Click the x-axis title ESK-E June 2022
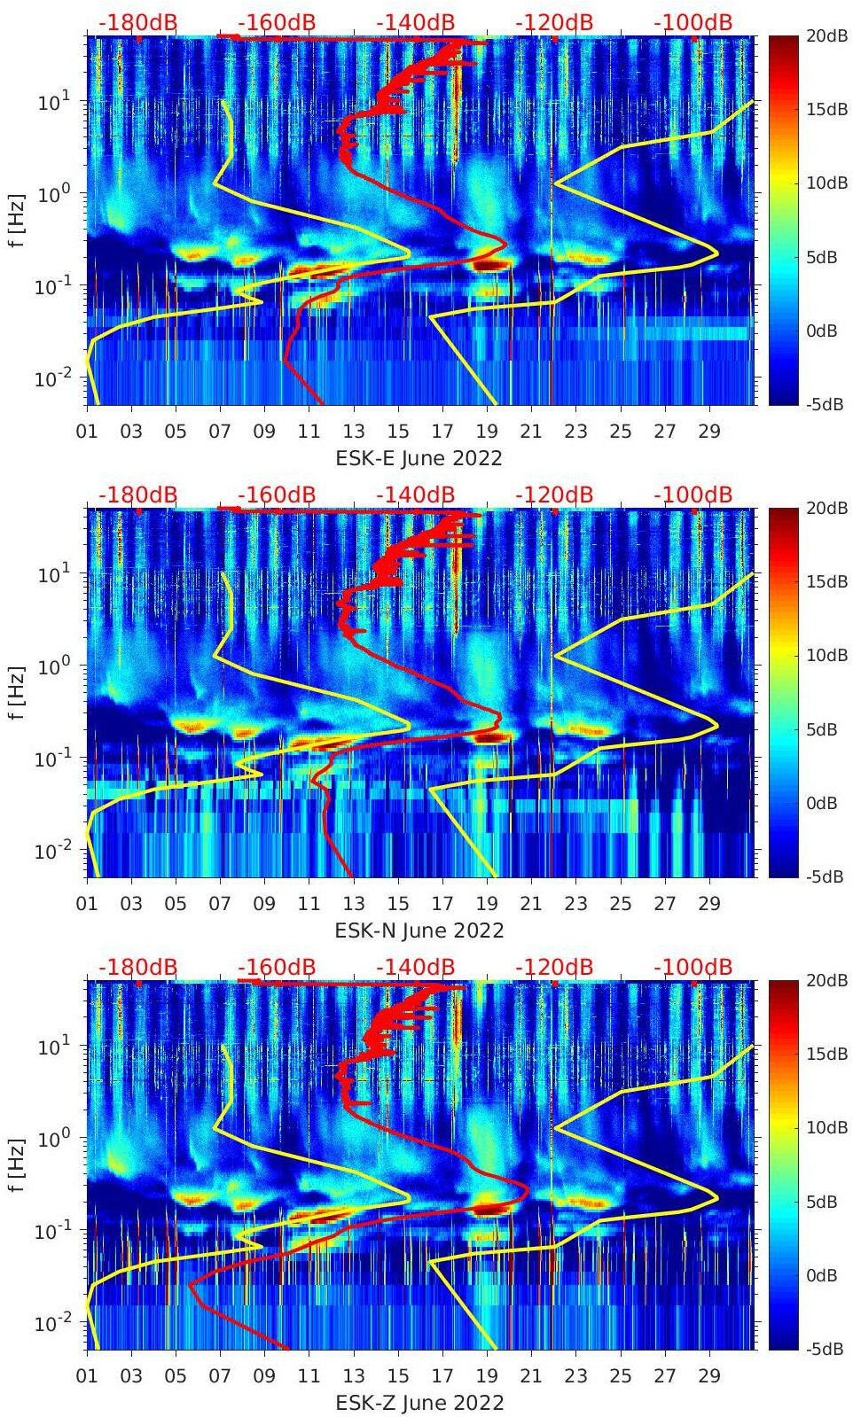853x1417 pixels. pos(419,458)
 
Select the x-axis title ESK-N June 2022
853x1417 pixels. pos(419,930)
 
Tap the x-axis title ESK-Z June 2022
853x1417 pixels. pos(419,1403)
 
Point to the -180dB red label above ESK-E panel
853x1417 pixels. pos(137,22)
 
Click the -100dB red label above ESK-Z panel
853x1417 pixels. pos(693,967)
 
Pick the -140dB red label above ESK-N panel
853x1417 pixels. pos(415,494)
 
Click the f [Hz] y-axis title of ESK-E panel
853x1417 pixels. pos(16,220)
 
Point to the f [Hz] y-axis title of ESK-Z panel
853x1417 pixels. pos(16,1164)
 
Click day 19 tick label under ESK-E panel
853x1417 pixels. pos(487,432)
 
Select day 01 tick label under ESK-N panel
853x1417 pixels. pos(87,904)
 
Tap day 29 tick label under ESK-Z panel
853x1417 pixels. pos(709,1376)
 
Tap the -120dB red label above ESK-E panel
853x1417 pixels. pos(554,22)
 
